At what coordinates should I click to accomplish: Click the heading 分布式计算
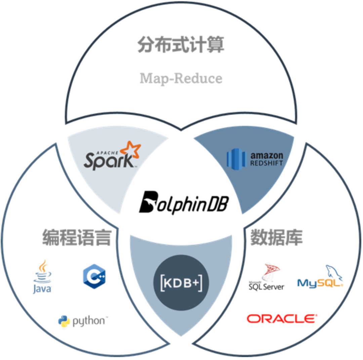point(181,45)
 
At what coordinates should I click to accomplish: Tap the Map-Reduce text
point(181,78)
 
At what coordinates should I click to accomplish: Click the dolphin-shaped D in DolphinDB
point(148,202)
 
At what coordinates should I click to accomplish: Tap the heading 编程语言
point(76,237)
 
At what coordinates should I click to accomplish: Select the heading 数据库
point(276,237)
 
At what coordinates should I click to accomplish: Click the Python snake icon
point(64,321)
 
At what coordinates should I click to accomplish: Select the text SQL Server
point(266,286)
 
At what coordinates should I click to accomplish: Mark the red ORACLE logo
point(282,318)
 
